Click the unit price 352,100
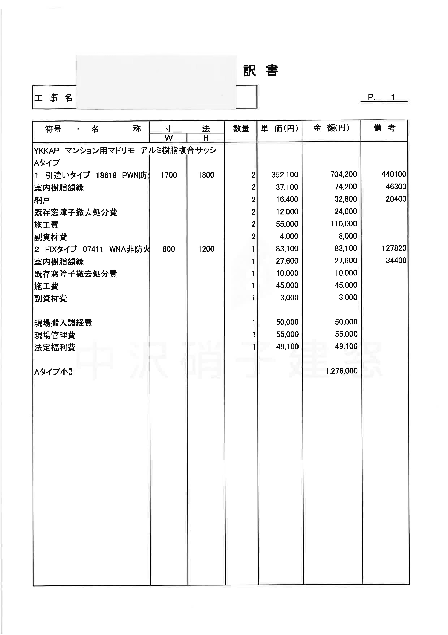click(x=285, y=175)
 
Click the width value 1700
click(x=169, y=175)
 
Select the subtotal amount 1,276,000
click(x=341, y=371)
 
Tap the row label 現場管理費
click(x=55, y=335)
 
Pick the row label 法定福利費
click(x=55, y=347)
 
